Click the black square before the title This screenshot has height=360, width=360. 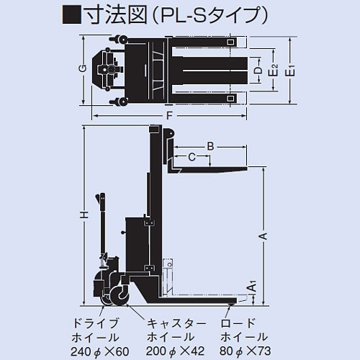point(73,14)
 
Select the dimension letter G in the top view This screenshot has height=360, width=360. point(84,68)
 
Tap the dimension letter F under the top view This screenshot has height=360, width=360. point(168,115)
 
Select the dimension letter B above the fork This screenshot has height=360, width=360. point(210,147)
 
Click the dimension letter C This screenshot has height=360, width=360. point(192,156)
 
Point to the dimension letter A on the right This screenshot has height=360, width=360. point(263,235)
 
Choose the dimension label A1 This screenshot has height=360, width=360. point(251,287)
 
